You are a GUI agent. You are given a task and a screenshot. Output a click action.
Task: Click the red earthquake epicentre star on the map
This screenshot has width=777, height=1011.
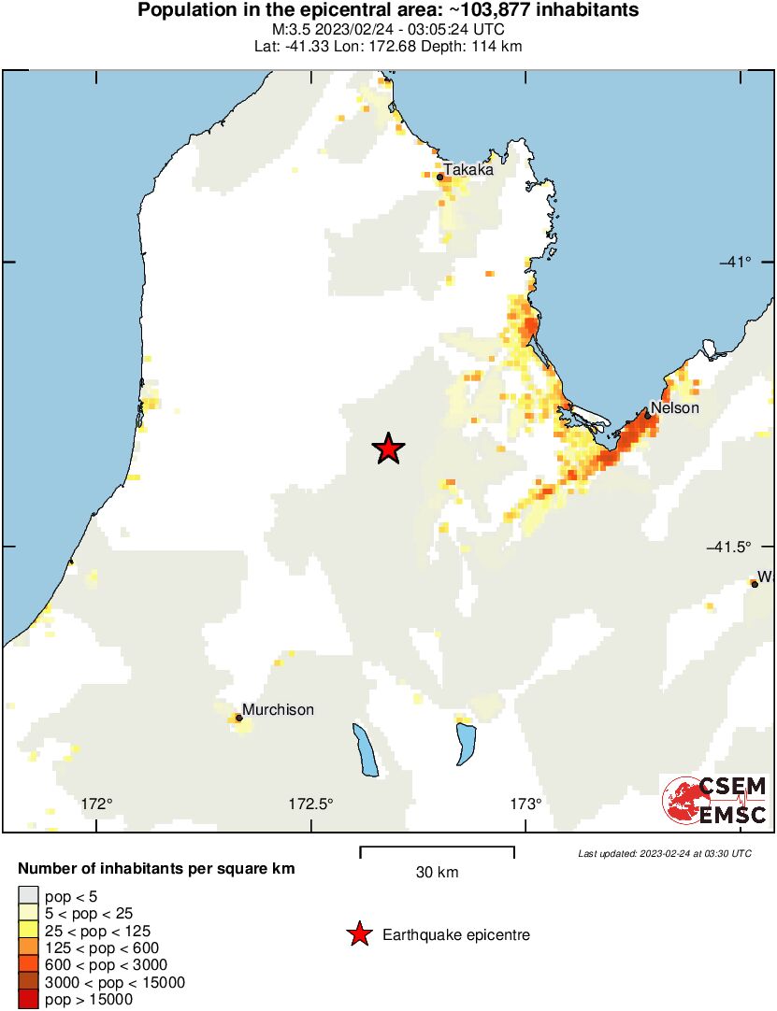tap(389, 449)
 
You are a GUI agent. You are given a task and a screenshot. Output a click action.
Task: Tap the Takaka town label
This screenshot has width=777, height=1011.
tap(468, 170)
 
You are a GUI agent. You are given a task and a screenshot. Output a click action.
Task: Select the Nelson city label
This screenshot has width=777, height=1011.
tap(674, 408)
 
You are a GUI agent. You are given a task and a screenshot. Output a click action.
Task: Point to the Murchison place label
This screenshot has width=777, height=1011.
tap(278, 710)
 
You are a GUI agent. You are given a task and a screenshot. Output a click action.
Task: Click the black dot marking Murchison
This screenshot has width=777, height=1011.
tap(238, 718)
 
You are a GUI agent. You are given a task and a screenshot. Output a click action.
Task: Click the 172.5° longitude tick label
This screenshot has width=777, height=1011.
tap(310, 804)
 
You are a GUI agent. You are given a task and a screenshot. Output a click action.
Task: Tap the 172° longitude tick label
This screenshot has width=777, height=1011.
tap(96, 804)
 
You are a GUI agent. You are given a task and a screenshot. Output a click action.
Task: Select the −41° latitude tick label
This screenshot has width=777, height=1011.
tap(735, 262)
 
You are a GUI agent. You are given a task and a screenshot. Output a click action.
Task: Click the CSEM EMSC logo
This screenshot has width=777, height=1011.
tap(715, 801)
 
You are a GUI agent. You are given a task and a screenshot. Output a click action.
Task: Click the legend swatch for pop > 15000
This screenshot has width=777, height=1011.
tap(29, 1000)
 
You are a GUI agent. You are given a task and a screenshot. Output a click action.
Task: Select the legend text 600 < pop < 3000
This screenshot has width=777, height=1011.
tap(106, 965)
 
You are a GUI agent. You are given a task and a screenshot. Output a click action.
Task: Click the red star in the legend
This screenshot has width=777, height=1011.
tap(358, 934)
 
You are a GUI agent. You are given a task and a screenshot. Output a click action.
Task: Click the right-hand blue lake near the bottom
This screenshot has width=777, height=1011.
tap(466, 745)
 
